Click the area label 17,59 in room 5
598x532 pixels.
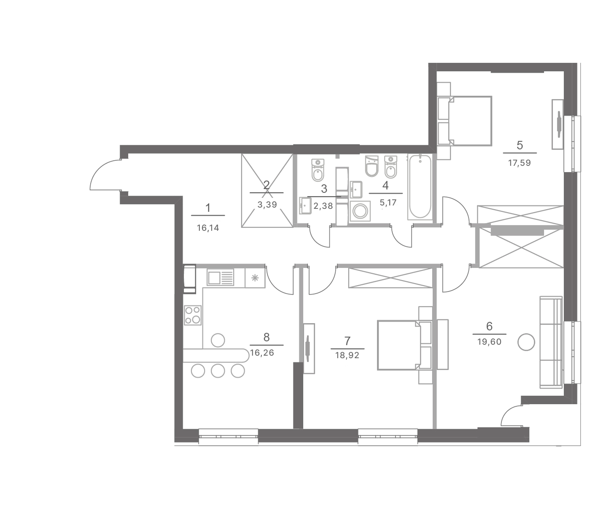click(x=519, y=163)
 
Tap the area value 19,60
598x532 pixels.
click(x=489, y=342)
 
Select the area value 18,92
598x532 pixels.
click(x=347, y=355)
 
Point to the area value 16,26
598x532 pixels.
click(x=262, y=353)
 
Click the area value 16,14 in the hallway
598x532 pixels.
click(x=208, y=228)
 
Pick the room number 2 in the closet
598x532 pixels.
click(x=266, y=185)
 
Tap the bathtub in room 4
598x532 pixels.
click(x=420, y=187)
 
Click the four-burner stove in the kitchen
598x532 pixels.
click(x=193, y=315)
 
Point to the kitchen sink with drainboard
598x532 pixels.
click(x=220, y=277)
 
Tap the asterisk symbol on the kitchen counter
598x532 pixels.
click(x=255, y=278)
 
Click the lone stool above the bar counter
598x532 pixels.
click(x=218, y=340)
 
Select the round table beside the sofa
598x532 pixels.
click(x=526, y=342)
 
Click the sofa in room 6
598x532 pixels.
click(x=551, y=342)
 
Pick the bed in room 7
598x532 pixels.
click(x=405, y=345)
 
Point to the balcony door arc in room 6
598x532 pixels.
click(x=510, y=416)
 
